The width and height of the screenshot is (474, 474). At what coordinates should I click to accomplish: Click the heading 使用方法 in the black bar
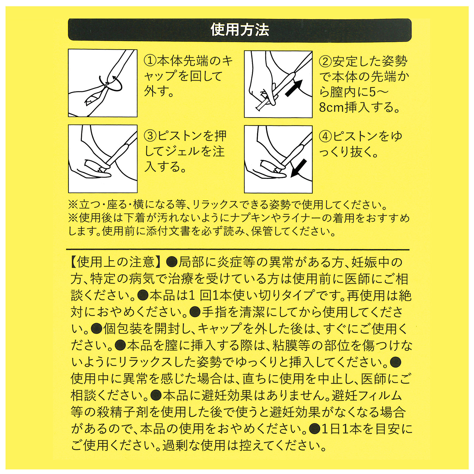pos(240,30)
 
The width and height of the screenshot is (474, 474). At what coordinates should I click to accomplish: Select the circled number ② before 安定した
pos(325,61)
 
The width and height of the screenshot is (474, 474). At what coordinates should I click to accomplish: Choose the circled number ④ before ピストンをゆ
pos(325,136)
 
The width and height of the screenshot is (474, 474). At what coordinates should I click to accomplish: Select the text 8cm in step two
pos(331,107)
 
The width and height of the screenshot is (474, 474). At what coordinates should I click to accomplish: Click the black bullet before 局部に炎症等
pos(172,262)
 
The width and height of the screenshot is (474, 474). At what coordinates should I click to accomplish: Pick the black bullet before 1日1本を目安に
pos(315,429)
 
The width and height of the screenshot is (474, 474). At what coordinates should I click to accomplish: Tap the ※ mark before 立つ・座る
pos(73,205)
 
